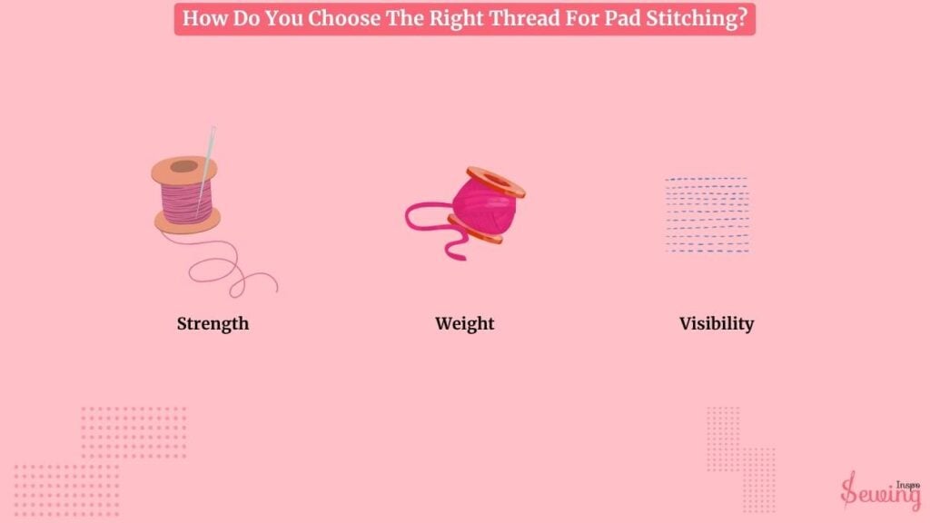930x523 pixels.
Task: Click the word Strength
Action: [213, 324]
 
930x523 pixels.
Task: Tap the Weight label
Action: [464, 324]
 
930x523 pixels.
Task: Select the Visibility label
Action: [717, 324]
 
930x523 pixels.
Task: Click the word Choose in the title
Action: [344, 18]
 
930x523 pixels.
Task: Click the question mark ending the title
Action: [741, 18]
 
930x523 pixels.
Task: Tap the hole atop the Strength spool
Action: [183, 167]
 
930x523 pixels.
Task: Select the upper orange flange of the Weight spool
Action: [496, 182]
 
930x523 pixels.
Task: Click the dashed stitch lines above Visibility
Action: [707, 214]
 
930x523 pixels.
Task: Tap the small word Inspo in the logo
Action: [908, 485]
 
